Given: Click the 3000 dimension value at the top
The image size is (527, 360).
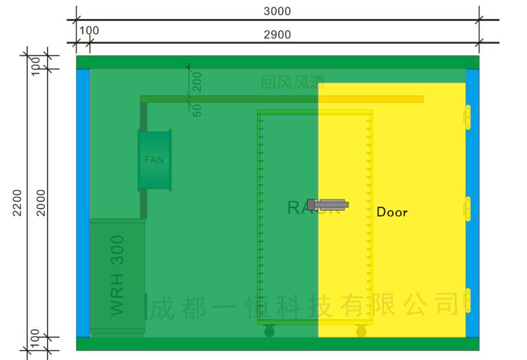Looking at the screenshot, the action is (277, 11).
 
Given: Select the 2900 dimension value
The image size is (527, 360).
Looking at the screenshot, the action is (277, 35).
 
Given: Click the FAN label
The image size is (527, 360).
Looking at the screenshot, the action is (154, 160).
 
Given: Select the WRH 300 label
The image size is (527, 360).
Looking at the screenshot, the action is (117, 274).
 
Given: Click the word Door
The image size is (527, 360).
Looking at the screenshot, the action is (392, 212).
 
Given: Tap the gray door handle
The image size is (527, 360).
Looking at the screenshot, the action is (327, 204).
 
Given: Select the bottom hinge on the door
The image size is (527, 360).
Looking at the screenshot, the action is (468, 300).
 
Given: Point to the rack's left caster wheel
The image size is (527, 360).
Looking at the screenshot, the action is (269, 332).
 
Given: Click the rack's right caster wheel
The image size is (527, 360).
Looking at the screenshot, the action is (361, 332).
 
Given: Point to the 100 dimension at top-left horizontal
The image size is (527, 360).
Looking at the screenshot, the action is (89, 31).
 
